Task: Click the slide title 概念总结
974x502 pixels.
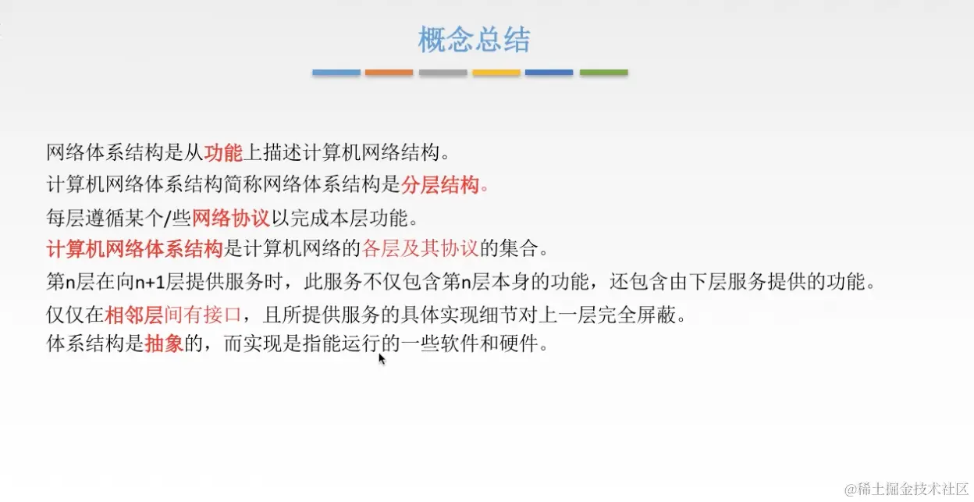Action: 474,40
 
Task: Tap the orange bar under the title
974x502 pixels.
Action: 389,73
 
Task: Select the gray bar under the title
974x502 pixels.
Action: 443,73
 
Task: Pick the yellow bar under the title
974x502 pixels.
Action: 496,73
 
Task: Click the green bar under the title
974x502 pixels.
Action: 603,73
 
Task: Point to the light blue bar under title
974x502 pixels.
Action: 336,73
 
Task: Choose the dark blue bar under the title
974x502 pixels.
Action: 549,73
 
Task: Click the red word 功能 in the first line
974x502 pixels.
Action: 224,151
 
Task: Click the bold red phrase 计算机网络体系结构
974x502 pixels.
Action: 135,249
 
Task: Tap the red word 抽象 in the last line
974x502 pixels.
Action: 164,344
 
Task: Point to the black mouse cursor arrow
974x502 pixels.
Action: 382,358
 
